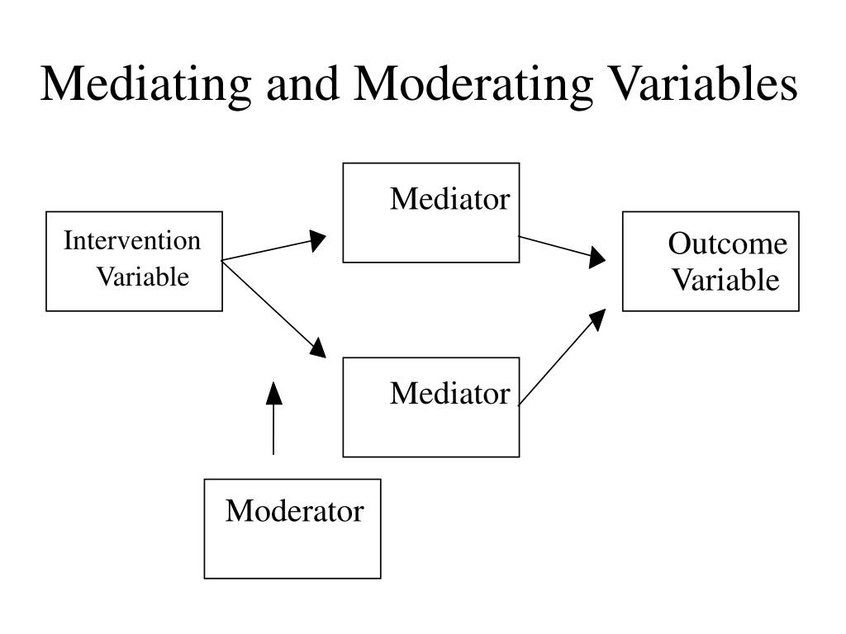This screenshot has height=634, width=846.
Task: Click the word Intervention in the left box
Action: coord(133,241)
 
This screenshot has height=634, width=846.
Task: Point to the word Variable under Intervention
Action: coord(142,277)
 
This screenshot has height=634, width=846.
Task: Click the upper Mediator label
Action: coord(450,199)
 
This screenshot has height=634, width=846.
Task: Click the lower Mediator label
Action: coord(450,394)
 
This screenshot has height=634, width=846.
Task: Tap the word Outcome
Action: coord(728,244)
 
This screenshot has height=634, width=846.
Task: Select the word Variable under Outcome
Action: coord(725,281)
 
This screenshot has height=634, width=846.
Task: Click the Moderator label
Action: coord(295,511)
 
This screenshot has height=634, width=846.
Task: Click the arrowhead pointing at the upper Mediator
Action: coord(317,240)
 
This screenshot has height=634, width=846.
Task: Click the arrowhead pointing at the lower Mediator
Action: coord(317,348)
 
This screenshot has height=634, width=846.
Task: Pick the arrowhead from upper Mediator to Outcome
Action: coord(596,259)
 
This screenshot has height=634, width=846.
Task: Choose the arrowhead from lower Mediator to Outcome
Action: coord(596,319)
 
